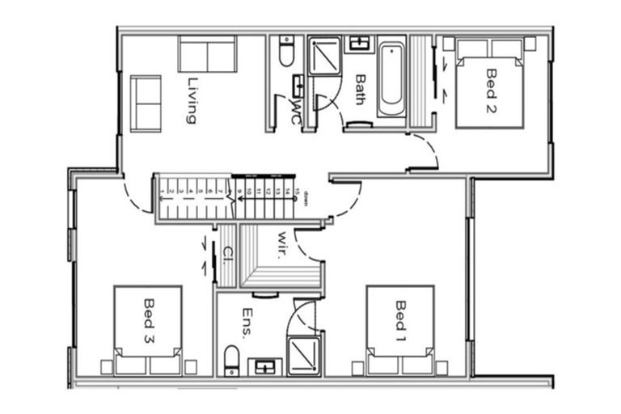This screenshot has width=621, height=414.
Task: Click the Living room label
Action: [192, 99]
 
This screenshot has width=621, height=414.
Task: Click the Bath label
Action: [361, 89]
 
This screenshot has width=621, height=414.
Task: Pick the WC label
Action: [297, 112]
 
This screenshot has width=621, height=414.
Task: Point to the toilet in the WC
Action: [286, 53]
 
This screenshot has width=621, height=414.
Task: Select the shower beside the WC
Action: [326, 55]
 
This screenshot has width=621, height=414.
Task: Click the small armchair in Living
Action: [146, 103]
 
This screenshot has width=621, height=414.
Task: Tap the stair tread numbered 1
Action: [163, 192]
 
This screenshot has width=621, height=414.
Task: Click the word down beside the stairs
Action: [306, 198]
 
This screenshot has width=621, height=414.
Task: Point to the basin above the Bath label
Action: [357, 44]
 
